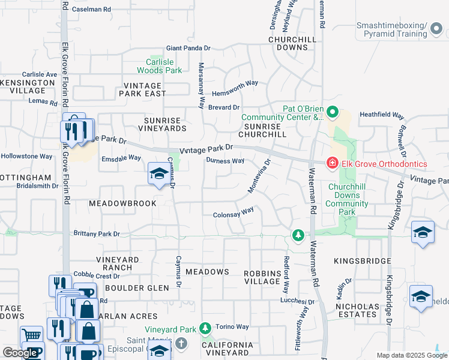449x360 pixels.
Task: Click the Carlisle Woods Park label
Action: [163, 66]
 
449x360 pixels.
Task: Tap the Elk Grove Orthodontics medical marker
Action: [332, 163]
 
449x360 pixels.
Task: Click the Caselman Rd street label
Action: [91, 10]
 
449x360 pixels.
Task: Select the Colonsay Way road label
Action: [234, 214]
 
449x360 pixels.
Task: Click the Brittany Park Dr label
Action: [97, 233]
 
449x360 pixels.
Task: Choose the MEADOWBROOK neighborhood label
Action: [122, 203]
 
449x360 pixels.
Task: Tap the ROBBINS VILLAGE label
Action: [262, 277]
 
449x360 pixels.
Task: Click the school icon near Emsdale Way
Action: [158, 175]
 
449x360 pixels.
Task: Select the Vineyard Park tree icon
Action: [205, 328]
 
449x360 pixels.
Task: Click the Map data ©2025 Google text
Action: [412, 355]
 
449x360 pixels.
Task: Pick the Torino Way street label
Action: [234, 327]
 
